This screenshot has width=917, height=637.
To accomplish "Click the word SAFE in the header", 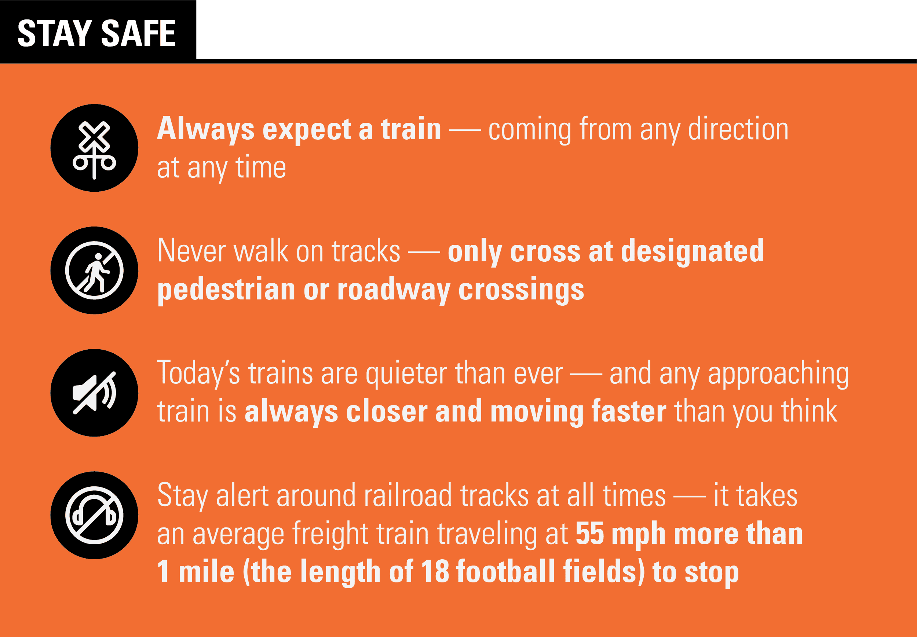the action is pyautogui.click(x=138, y=33).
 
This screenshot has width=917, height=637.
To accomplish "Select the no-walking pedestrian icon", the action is pyautogui.click(x=94, y=270).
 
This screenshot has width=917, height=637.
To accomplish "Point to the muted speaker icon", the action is pyautogui.click(x=94, y=393).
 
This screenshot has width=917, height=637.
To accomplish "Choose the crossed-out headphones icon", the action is pyautogui.click(x=94, y=515).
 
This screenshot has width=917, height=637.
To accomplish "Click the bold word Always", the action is pyautogui.click(x=206, y=130).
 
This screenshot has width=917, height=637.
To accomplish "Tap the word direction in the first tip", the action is pyautogui.click(x=738, y=129).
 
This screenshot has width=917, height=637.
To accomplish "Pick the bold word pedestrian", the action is pyautogui.click(x=226, y=290).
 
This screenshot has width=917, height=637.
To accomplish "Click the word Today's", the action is pyautogui.click(x=198, y=373).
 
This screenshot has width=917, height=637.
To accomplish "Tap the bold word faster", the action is pyautogui.click(x=629, y=412).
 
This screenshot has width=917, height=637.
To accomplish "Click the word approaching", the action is pyautogui.click(x=778, y=373).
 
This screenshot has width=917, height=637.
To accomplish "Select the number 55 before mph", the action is pyautogui.click(x=589, y=534).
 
